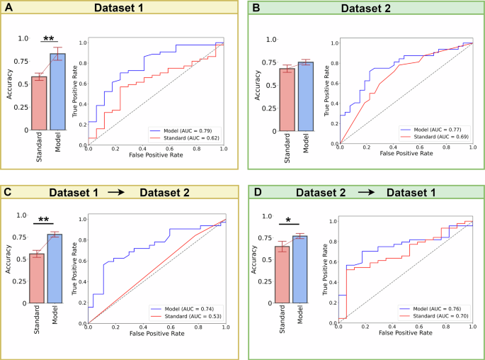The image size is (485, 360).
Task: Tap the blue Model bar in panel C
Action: (x=58, y=269)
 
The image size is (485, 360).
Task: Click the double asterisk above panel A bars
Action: (x=48, y=38)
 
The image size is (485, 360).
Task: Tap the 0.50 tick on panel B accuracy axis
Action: (x=261, y=84)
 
